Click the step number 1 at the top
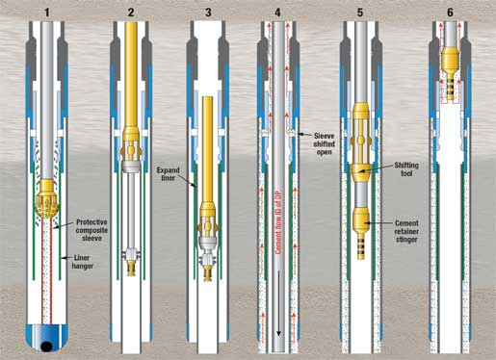coord(47,13)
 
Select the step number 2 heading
coord(131,13)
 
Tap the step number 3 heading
coord(208,13)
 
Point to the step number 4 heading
coord(277,13)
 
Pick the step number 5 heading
coord(360,13)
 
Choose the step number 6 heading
coord(450,13)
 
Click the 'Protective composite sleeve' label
coord(91,230)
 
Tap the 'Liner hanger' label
coord(83,262)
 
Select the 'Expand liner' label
coord(168,174)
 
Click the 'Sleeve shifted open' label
coord(324,143)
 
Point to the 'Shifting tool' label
coord(406,169)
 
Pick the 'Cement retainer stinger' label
coord(406,231)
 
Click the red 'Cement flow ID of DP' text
coord(278,222)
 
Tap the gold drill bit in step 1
coord(47,198)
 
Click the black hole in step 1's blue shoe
coord(47,346)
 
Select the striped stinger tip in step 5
coord(361,247)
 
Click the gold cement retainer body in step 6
coord(451,60)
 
